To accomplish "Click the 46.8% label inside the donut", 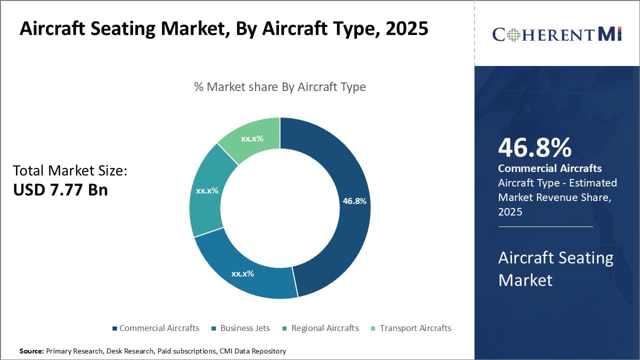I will click(354, 201).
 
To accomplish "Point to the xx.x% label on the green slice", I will click(252, 138).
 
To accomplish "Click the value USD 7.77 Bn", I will click(60, 190).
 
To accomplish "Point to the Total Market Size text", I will click(70, 170).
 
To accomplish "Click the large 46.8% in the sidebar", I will click(535, 148).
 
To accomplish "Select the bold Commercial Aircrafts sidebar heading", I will click(550, 168).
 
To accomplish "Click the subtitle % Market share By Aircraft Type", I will click(280, 87).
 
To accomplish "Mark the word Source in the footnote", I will click(31, 351).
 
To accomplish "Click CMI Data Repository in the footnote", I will click(252, 351).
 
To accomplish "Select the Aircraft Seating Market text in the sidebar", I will click(555, 268).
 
